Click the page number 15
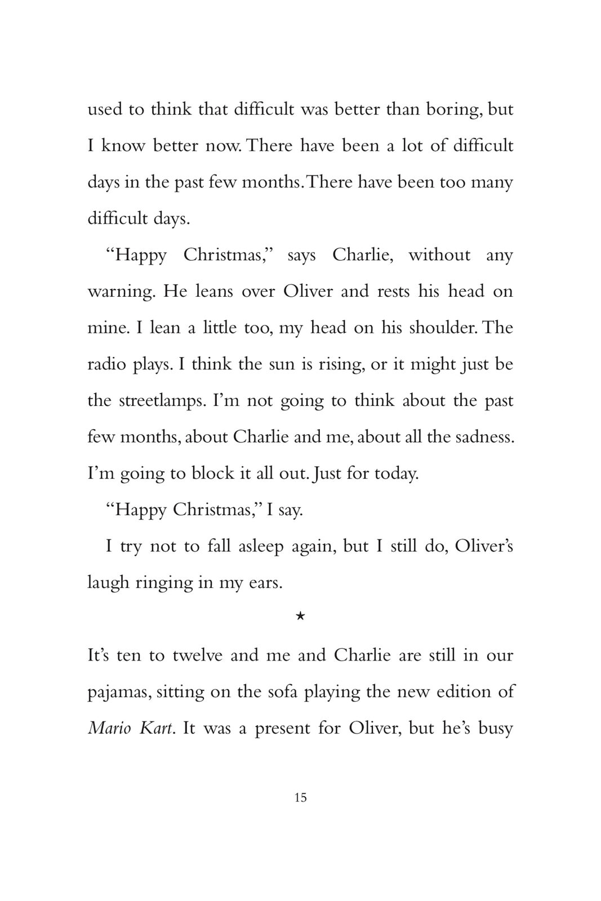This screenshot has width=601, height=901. [300, 797]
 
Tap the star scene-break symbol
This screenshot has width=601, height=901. [300, 617]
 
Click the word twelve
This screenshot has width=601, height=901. [197, 655]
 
